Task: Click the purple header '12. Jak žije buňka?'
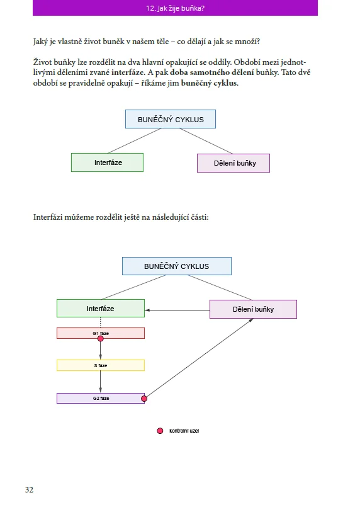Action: click(175, 8)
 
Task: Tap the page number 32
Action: click(29, 489)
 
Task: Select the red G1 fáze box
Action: click(101, 333)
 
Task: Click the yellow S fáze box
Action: click(101, 365)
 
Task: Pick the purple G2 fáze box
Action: click(101, 399)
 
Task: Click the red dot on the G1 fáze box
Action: click(101, 339)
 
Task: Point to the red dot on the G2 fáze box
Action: click(144, 399)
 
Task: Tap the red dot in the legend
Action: click(160, 431)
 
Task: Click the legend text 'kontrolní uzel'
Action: click(184, 431)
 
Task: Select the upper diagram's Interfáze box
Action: click(108, 162)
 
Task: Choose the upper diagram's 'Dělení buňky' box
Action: click(233, 163)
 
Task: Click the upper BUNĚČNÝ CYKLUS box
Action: click(171, 119)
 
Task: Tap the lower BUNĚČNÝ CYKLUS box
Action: click(177, 266)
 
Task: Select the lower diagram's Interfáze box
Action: click(101, 308)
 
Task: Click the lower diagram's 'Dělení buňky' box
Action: click(253, 309)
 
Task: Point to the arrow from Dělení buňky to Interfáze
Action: click(177, 310)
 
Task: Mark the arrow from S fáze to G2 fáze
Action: click(100, 382)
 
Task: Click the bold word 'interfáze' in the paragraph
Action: click(128, 72)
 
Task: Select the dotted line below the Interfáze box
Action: click(100, 322)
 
